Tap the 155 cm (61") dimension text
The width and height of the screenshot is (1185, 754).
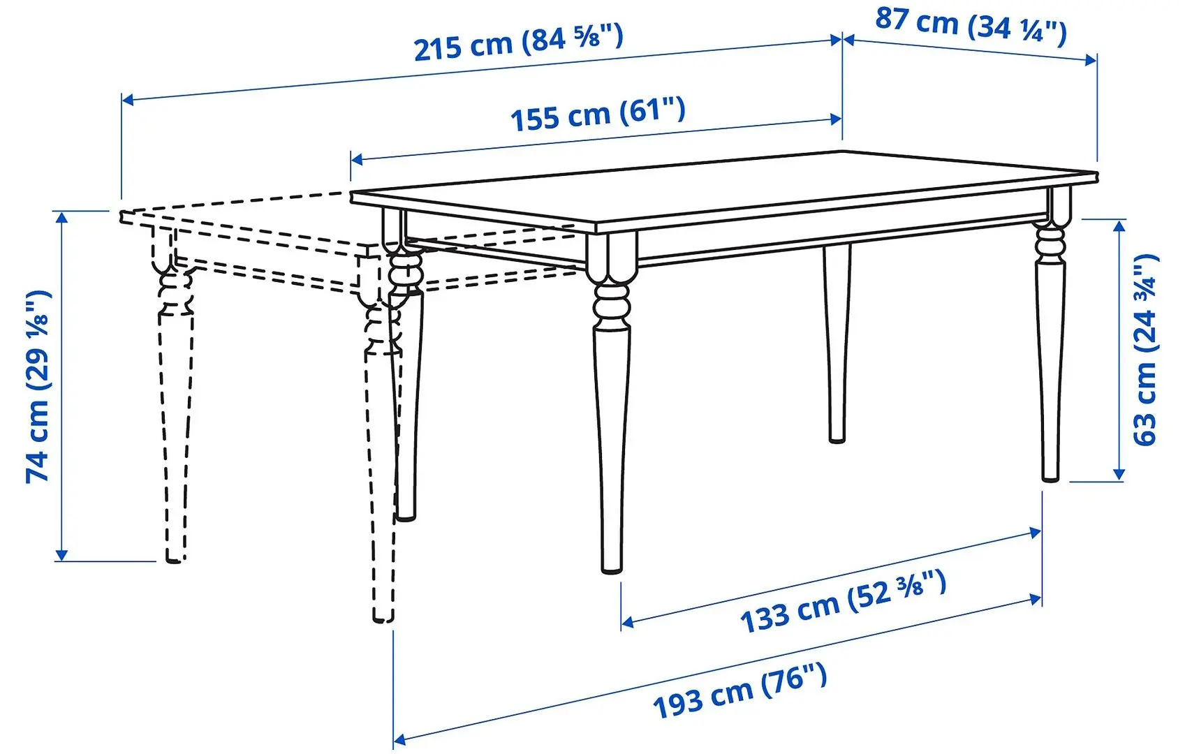coord(598,114)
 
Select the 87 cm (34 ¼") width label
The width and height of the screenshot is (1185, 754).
coord(971,26)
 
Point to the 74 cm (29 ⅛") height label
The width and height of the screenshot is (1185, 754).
coord(38,386)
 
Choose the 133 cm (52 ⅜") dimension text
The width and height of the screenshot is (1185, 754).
coord(843,601)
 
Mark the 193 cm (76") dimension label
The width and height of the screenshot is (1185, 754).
coord(740,690)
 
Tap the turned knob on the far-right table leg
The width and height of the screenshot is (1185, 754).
coord(1050,246)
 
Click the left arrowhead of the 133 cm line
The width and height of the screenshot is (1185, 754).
coord(626,622)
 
